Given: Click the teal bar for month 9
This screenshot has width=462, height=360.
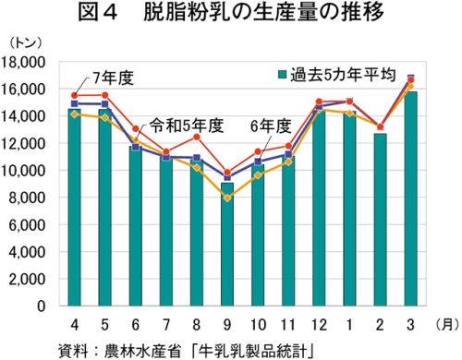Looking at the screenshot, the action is point(227,245).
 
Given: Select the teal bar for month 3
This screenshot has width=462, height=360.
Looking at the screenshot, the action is point(410,198).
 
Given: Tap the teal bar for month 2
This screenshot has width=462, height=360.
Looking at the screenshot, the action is point(380,220).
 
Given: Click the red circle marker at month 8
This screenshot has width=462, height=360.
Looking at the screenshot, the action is point(197,137).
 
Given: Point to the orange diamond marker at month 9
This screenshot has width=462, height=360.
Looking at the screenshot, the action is point(227,198).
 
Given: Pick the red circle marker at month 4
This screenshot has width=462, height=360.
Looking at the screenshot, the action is point(74,95).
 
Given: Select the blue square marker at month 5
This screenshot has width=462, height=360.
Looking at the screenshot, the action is point(104,103).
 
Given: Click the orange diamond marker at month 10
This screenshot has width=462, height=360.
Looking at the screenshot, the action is point(258,175).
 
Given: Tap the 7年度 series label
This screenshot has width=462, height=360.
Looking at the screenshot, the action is point(113,78).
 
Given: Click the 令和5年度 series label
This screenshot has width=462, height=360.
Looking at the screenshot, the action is point(187,126).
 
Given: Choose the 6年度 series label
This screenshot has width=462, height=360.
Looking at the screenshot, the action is point(271,126).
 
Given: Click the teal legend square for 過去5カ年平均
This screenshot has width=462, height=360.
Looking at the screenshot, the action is point(282,75).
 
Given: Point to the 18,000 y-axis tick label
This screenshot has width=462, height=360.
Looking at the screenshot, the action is point(23,63).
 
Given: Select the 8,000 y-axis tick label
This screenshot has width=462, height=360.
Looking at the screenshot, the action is point(27,198).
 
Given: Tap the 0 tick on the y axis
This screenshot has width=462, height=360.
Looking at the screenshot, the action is point(41,306).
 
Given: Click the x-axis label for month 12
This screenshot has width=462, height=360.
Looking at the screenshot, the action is point(319,325).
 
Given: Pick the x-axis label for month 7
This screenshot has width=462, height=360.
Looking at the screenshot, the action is point(166,325).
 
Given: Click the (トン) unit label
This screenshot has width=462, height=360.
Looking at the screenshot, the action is point(25,43).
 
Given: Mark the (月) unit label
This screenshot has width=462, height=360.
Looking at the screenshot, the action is point(445,325).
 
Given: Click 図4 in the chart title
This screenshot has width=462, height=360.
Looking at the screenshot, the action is point(98,12).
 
